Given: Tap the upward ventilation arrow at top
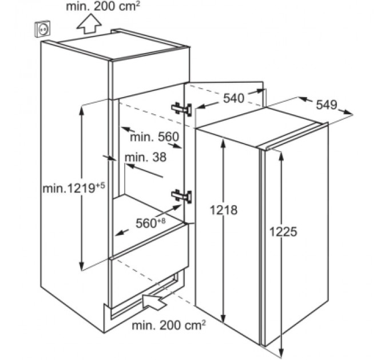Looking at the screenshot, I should [89, 25].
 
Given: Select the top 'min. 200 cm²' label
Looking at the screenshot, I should [103, 7].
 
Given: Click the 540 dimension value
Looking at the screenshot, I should [233, 98].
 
